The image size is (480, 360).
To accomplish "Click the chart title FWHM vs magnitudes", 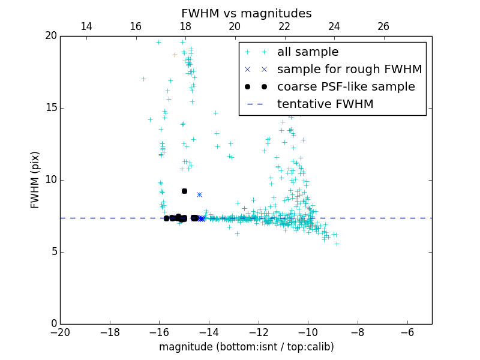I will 246,13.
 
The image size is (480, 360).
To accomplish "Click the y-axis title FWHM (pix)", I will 35,179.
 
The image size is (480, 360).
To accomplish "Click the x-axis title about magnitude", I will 246,347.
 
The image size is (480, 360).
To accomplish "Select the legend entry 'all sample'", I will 308,52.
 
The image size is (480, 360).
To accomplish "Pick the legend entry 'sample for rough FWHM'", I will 349,69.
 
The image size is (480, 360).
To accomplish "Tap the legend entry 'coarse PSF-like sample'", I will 346,86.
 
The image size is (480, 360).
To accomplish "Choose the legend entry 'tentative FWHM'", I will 325,104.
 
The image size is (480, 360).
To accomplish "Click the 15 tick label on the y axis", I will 51,108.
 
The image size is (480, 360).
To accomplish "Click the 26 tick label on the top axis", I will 383,26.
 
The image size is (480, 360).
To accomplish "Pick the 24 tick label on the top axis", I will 334,26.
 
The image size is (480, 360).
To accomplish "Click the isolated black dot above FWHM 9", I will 184,191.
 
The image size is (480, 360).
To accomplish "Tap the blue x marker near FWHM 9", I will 199,194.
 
